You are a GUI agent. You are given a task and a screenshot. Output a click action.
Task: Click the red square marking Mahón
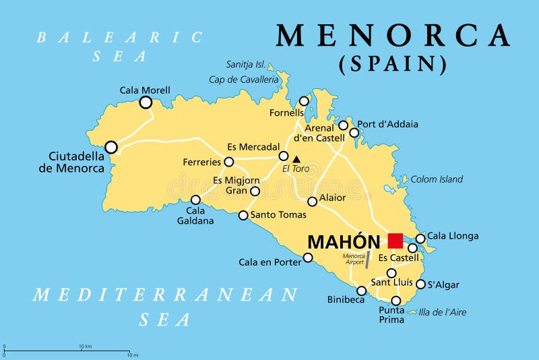pos(395,241)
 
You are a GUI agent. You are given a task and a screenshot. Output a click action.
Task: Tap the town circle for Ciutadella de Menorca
pos(111,147)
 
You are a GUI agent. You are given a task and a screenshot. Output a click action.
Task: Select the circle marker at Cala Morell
pos(146,102)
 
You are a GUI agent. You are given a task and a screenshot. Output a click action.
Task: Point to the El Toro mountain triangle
pos(296,159)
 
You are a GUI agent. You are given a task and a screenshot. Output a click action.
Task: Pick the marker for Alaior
pos(313,201)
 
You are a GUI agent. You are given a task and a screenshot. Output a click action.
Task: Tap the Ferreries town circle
pos(229,162)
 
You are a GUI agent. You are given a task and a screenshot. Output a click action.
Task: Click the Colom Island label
pos(437,179)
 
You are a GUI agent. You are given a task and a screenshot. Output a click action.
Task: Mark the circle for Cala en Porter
pos(308,257)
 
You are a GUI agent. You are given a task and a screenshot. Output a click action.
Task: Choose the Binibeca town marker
pos(361,291)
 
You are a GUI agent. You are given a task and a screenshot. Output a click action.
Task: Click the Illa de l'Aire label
pos(442,312)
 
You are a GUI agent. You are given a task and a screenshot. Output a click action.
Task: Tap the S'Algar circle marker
pos(420,284)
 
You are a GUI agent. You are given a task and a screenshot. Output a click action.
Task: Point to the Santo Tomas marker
pos(243,215)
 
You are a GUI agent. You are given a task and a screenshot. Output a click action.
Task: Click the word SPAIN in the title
pos(393,64)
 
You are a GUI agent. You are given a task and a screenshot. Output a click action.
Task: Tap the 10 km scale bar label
pos(85,346)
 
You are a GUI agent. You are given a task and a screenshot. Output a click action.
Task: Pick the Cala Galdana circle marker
pos(195,200)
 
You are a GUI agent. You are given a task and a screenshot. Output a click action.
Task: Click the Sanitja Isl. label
pos(245,64)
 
